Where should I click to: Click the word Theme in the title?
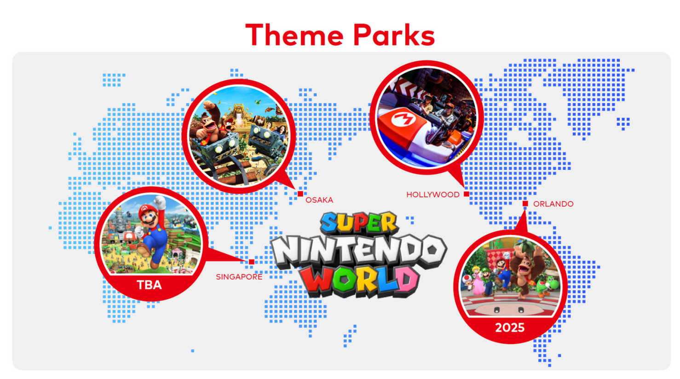(x=294, y=35)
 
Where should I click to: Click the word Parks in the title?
(x=394, y=35)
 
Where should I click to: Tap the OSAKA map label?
(x=319, y=200)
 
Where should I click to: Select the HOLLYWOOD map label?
(x=433, y=195)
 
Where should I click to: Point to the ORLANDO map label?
(x=553, y=204)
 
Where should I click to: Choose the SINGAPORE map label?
(x=239, y=277)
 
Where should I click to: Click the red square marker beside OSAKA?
(x=300, y=194)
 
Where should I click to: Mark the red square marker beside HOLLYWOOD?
(x=466, y=194)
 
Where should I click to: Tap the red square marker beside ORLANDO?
(x=525, y=204)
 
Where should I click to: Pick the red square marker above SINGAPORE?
(x=252, y=262)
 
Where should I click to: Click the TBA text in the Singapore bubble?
(x=150, y=285)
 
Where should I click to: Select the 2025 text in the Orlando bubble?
(x=510, y=328)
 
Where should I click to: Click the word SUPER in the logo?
(x=359, y=223)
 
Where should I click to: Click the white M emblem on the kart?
(x=403, y=119)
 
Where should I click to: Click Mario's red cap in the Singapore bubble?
(x=149, y=210)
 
